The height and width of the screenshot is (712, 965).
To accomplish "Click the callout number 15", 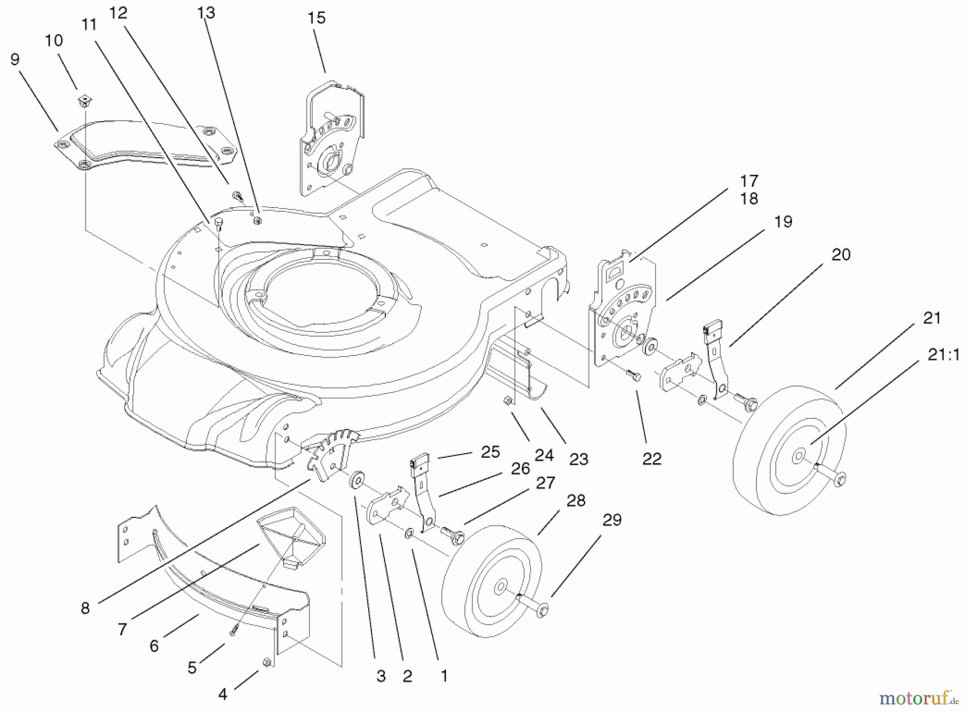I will point(316,18).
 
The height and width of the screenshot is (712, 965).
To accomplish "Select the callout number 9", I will point(15,60).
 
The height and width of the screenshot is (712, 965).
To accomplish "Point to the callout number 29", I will point(612,520).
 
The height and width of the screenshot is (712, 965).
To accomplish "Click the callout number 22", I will point(651,459).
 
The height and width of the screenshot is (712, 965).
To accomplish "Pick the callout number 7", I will point(123,629).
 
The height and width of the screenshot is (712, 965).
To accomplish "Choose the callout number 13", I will point(206,13).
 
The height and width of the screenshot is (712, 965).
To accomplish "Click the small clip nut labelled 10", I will point(83,99).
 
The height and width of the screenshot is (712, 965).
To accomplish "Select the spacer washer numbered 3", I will point(355,480).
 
